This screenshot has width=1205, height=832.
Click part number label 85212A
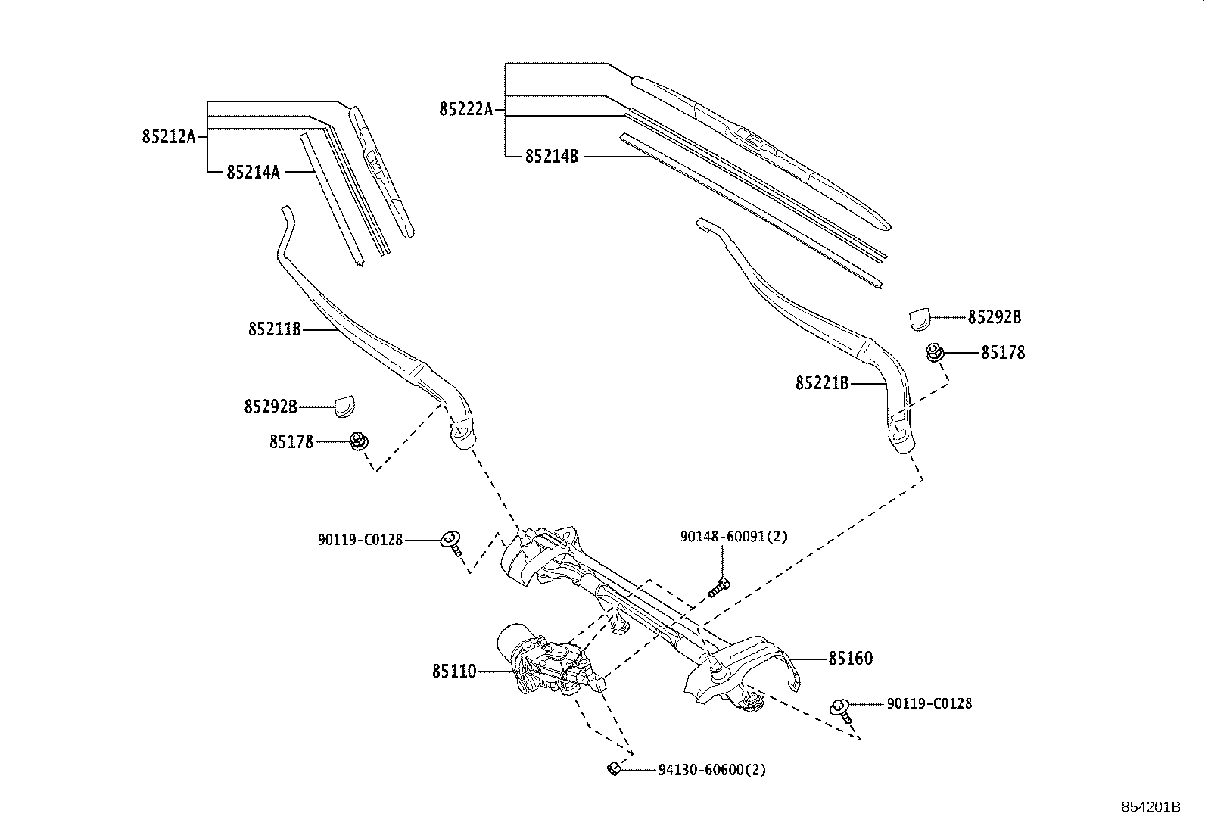click(168, 137)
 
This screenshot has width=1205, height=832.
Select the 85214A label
click(253, 173)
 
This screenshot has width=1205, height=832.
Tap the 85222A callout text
click(465, 110)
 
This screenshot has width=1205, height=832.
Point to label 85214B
click(552, 157)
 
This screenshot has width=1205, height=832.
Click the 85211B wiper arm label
click(274, 329)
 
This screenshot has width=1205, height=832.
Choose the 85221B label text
click(822, 384)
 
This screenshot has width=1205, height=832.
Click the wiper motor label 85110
click(454, 671)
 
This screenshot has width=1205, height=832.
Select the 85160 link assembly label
click(850, 659)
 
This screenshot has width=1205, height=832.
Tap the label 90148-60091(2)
click(733, 537)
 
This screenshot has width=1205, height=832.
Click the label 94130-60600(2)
click(711, 770)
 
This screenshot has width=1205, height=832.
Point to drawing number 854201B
click(1151, 807)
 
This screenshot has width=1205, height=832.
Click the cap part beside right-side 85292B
click(919, 319)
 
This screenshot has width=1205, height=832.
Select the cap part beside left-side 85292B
click(344, 407)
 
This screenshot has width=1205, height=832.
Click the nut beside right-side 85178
click(935, 352)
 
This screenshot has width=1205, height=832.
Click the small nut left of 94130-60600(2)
click(614, 769)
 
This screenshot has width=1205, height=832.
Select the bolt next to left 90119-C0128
click(452, 543)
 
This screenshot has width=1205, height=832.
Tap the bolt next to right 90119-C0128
click(842, 709)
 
